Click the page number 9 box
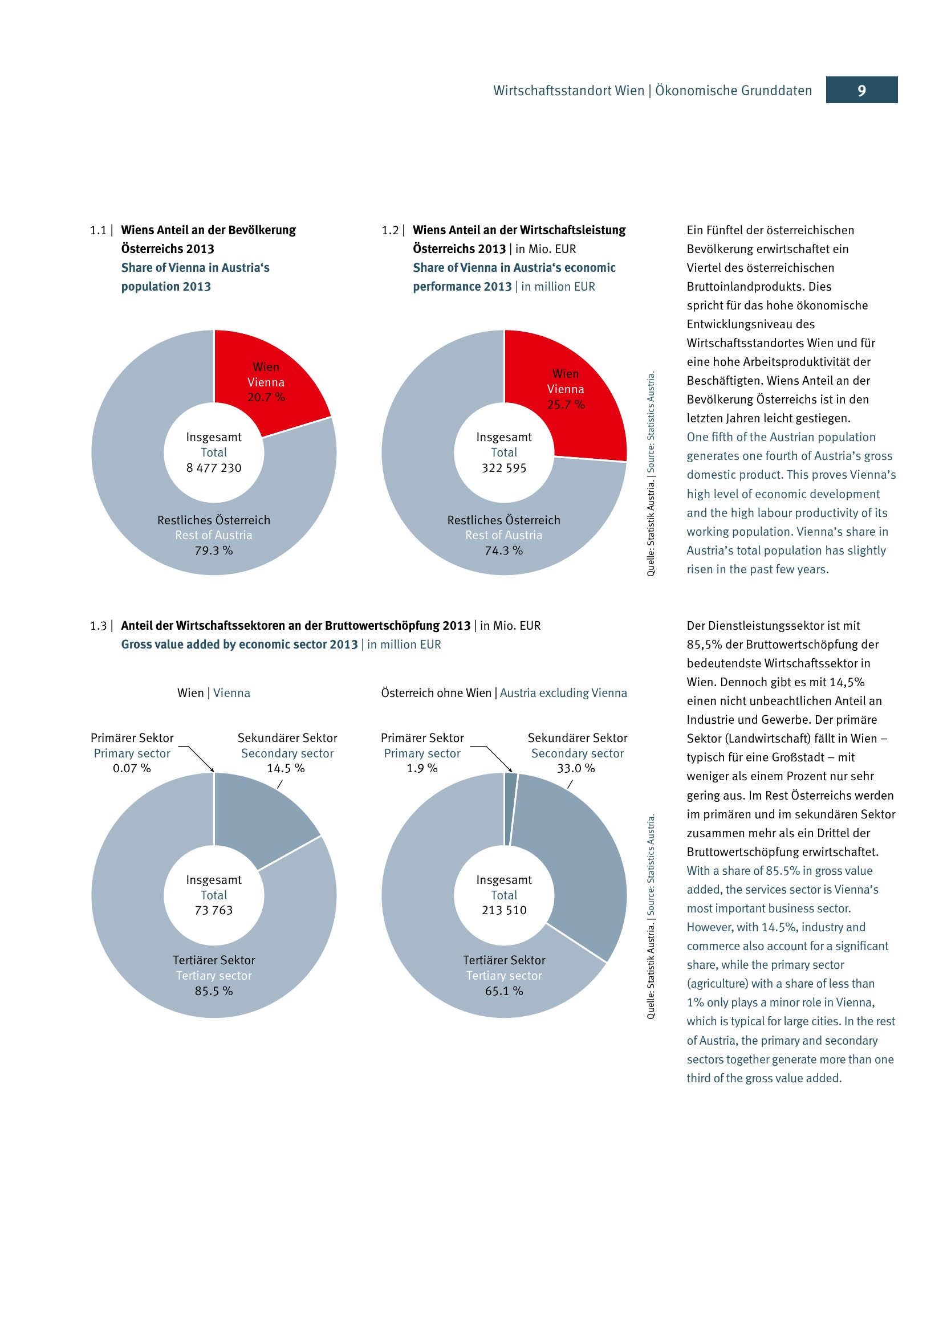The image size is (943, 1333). (x=861, y=90)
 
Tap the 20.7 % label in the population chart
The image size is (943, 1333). (x=266, y=398)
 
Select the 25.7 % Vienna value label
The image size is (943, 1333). (x=566, y=405)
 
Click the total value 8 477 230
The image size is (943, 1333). (x=214, y=468)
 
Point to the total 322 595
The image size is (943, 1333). (x=503, y=468)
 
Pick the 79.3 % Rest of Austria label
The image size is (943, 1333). (x=214, y=551)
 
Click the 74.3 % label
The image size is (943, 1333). (x=503, y=551)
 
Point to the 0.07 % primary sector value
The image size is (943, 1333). (x=132, y=768)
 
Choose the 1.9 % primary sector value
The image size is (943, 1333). (x=422, y=768)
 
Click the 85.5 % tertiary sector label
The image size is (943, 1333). (x=214, y=991)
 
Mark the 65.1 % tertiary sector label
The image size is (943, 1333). (x=503, y=991)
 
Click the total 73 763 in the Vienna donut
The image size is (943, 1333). (x=214, y=910)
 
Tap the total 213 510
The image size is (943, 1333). (x=503, y=910)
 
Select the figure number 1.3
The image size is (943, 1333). (x=98, y=626)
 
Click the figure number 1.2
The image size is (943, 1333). (x=389, y=230)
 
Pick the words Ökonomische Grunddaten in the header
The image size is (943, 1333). (x=733, y=91)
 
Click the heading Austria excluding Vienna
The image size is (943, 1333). (x=563, y=692)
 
